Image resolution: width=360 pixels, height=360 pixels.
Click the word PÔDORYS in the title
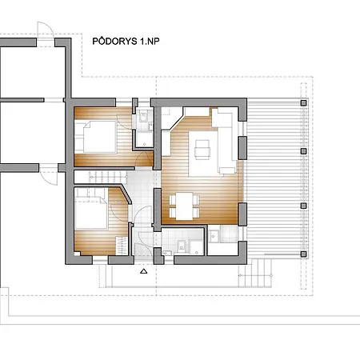pyautogui.click(x=114, y=41)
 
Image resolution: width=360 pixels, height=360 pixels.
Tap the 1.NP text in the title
pyautogui.click(x=150, y=42)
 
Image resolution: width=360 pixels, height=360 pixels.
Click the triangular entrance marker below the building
pyautogui.click(x=144, y=271)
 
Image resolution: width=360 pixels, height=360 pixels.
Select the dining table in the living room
pyautogui.click(x=184, y=206)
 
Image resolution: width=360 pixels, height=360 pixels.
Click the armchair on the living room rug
pyautogui.click(x=202, y=150)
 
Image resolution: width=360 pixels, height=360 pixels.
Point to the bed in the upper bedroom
pyautogui.click(x=100, y=137)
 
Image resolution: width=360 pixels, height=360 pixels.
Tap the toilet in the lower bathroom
pyautogui.click(x=182, y=246)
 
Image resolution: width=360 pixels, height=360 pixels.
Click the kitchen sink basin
pyautogui.click(x=214, y=236)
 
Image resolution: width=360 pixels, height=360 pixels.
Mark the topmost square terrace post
pyautogui.click(x=303, y=103)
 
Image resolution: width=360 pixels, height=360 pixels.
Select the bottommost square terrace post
pyautogui.click(x=303, y=254)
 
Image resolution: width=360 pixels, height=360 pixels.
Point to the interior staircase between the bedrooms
pyautogui.click(x=108, y=177)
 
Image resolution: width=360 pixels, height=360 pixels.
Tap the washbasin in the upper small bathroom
pyautogui.click(x=143, y=116)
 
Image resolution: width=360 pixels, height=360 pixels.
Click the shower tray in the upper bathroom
pyautogui.click(x=145, y=139)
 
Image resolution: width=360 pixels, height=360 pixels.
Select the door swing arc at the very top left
pyautogui.click(x=46, y=30)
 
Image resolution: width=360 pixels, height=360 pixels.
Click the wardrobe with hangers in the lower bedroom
pyautogui.click(x=122, y=246)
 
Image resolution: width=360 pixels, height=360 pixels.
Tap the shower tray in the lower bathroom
pyautogui.click(x=196, y=247)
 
